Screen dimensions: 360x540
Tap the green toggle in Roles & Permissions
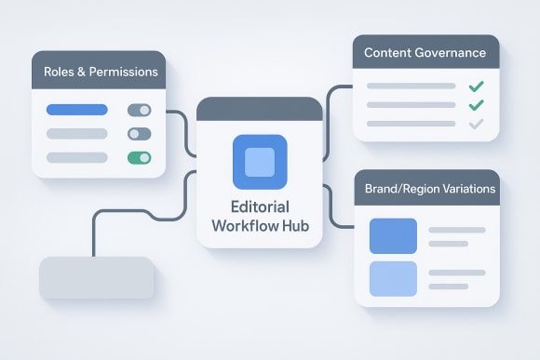(x=139, y=157)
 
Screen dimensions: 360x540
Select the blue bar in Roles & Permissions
(x=78, y=110)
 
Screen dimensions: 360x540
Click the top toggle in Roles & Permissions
(x=139, y=110)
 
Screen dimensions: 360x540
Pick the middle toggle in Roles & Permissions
(x=139, y=134)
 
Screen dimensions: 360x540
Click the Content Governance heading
(x=425, y=53)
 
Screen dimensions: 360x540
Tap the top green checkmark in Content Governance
(x=476, y=87)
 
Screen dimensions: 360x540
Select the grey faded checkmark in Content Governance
(x=476, y=124)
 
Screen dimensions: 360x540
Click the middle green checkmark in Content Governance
(x=476, y=105)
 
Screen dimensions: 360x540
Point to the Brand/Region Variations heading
(x=425, y=189)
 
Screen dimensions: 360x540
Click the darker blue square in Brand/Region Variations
(x=393, y=236)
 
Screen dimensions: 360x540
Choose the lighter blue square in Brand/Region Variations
(x=393, y=278)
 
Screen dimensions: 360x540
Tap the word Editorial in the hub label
(x=260, y=207)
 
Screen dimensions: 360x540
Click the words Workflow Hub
(x=260, y=226)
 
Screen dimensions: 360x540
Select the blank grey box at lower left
(x=96, y=278)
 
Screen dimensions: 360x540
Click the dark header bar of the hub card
(x=260, y=109)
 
